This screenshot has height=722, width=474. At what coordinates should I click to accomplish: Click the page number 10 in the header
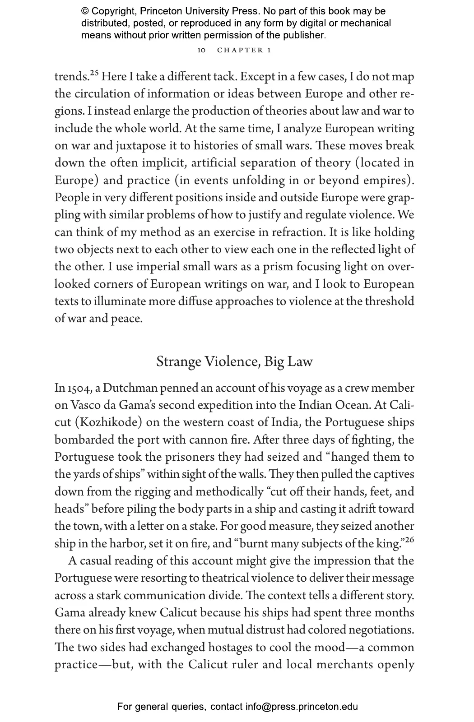pos(201,51)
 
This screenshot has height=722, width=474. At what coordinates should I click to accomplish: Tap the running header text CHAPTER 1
pos(244,51)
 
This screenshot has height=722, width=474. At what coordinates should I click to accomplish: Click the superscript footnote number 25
pos(94,73)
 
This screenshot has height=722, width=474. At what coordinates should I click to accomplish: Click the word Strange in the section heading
pos(179,362)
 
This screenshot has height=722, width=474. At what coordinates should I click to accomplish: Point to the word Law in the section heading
pos(301,362)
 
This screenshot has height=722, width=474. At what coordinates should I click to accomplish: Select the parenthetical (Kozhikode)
pos(108,423)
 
